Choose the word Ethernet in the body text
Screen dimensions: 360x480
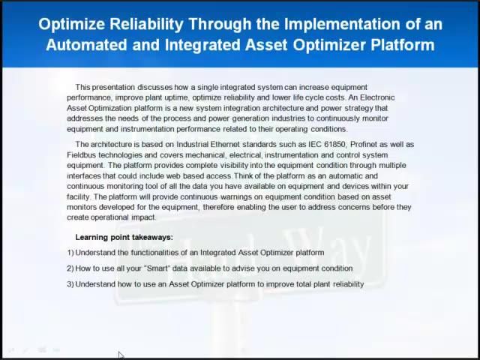[x=204, y=144]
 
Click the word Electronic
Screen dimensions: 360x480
[x=376, y=97]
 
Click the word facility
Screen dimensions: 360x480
[x=79, y=196]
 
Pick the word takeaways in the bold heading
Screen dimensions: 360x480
[x=150, y=237]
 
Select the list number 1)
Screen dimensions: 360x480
[x=70, y=253]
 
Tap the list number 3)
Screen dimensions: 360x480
[x=70, y=284]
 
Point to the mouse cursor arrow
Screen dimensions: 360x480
[x=121, y=355]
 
